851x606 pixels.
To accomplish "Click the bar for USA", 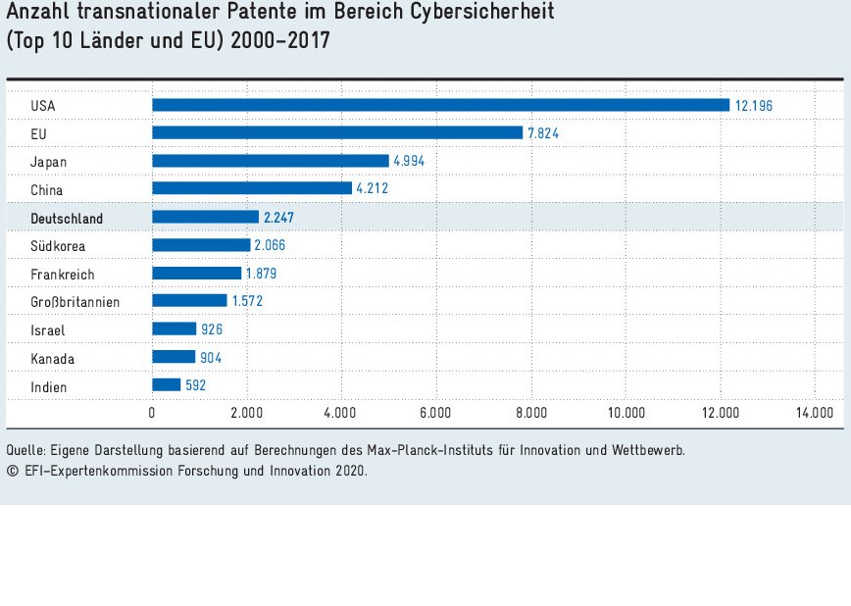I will [440, 105].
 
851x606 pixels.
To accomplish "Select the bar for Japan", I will [270, 161].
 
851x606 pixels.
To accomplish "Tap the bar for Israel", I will [174, 329].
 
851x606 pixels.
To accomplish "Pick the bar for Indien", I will [166, 385].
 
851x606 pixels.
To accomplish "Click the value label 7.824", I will [543, 133].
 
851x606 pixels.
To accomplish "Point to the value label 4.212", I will [373, 188].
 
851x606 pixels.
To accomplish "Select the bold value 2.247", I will [280, 218].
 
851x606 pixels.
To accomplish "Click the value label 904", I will [211, 358].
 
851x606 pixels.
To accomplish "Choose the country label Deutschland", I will [67, 218].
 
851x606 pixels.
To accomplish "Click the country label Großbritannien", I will [75, 302].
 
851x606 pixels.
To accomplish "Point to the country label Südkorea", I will [57, 245].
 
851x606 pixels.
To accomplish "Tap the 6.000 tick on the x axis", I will [435, 413].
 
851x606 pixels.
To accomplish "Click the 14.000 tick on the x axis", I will [815, 413].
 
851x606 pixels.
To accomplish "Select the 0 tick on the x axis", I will [152, 413].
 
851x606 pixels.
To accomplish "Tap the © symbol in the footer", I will [12, 471].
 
